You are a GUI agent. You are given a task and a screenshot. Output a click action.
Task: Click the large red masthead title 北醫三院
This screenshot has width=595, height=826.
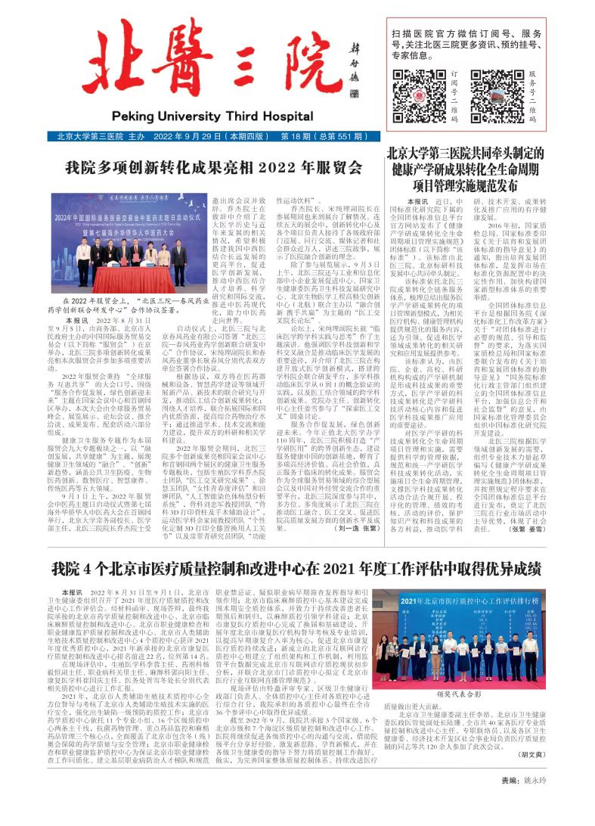pos(204,72)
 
